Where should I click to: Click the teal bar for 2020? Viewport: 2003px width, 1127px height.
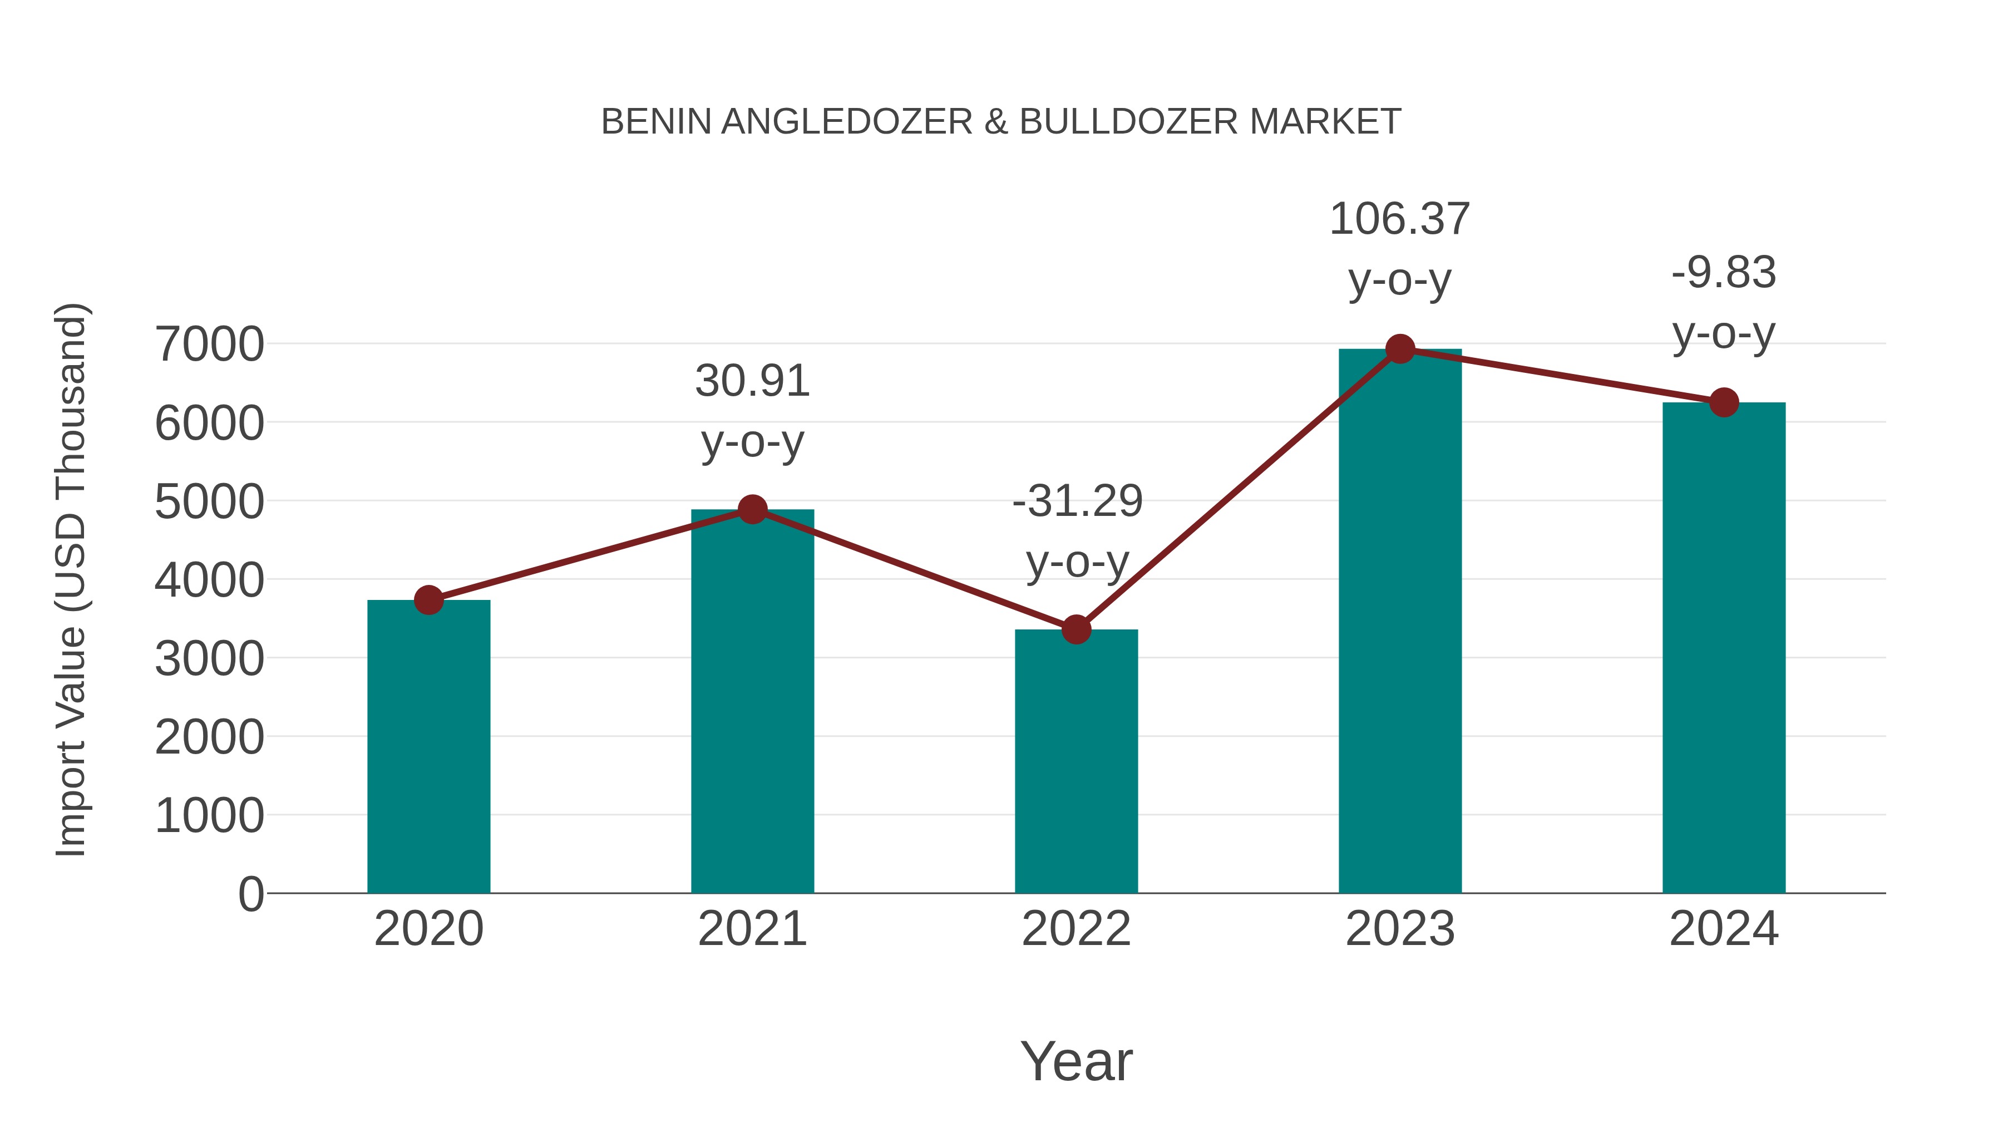point(428,747)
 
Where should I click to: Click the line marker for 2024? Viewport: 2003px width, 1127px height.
point(1724,403)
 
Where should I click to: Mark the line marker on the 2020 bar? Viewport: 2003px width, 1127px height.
point(428,599)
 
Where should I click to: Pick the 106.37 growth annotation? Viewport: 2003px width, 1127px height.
point(1400,219)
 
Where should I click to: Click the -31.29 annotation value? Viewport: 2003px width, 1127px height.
point(1077,501)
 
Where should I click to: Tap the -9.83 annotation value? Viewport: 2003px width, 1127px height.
point(1724,273)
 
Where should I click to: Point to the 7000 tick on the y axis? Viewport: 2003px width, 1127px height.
point(209,345)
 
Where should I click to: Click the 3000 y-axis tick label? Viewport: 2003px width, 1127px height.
point(209,659)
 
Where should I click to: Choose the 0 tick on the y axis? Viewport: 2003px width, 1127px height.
point(251,894)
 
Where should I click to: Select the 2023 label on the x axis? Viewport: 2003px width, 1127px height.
point(1400,929)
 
